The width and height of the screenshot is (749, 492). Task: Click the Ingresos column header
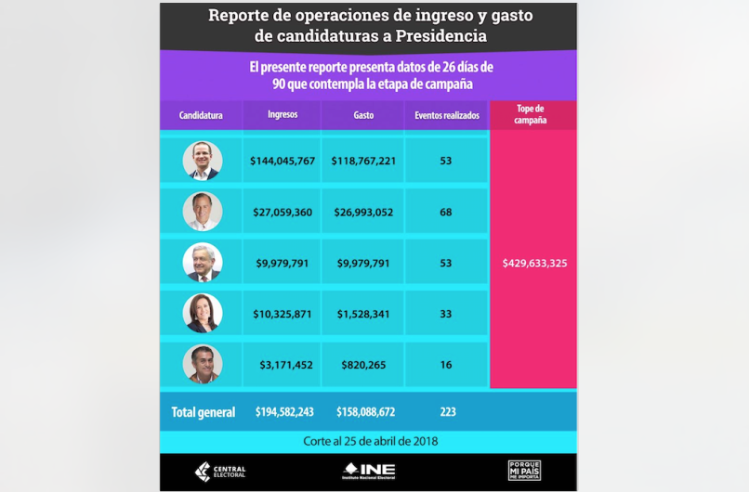click(283, 115)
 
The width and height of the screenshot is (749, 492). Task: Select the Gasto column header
click(363, 115)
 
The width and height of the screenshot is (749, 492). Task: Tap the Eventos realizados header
click(446, 115)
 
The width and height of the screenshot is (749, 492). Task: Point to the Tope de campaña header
click(532, 114)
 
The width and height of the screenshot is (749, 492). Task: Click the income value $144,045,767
click(283, 161)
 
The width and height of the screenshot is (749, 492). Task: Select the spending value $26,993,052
click(362, 212)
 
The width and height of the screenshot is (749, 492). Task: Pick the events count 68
click(446, 212)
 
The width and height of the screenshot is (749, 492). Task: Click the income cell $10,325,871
click(283, 314)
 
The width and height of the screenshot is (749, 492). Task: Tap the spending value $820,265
click(362, 364)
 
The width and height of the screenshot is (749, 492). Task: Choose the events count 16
click(446, 364)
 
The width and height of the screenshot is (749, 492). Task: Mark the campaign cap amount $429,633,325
click(534, 263)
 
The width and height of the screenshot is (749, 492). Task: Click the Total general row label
click(204, 411)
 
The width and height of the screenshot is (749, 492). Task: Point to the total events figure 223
click(446, 411)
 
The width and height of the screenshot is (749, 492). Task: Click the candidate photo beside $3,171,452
click(203, 364)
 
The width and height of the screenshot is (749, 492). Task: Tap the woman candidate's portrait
click(203, 313)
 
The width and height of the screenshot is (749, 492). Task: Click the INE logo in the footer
click(369, 472)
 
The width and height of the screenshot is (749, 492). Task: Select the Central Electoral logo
click(219, 472)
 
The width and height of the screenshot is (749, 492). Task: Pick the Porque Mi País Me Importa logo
click(524, 471)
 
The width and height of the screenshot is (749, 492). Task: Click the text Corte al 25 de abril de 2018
click(370, 441)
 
